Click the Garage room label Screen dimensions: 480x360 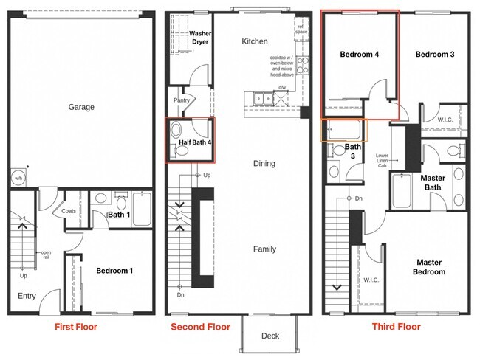(81, 107)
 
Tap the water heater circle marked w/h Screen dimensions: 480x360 (18, 178)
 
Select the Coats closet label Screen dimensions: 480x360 (69, 211)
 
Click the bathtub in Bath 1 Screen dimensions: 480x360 (142, 209)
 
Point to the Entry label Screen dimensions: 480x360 (27, 296)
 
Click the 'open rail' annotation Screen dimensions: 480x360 (47, 255)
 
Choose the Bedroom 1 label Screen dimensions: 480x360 (114, 271)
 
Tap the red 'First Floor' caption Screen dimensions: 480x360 (76, 327)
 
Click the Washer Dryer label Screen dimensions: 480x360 (200, 38)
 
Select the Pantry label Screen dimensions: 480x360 (182, 100)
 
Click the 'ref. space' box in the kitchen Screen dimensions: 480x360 (301, 29)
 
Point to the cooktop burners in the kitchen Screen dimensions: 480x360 (303, 65)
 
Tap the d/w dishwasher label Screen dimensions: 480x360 (282, 88)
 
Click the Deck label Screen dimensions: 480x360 (270, 336)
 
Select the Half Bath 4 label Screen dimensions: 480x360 (195, 142)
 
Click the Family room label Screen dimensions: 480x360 (264, 249)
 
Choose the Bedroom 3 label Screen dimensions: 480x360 (435, 55)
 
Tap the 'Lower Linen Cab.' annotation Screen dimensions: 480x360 (382, 161)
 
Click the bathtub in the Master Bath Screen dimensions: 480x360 (402, 190)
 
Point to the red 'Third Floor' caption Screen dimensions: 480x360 (397, 327)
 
